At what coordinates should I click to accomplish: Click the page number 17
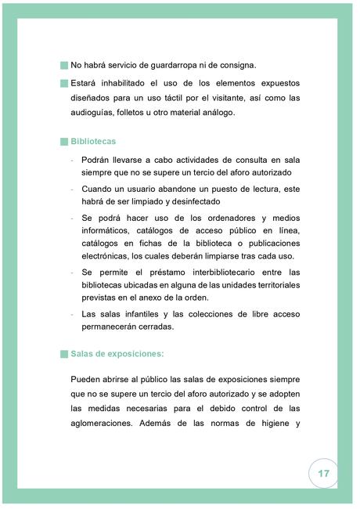point(324,475)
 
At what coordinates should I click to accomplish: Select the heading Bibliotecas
point(93,142)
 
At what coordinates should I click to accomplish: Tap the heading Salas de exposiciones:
point(117,353)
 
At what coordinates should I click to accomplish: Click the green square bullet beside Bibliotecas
point(63,142)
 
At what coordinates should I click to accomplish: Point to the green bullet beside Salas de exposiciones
point(63,353)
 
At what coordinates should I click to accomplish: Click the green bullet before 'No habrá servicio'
point(63,65)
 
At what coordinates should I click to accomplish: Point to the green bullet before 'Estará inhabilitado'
point(63,83)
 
